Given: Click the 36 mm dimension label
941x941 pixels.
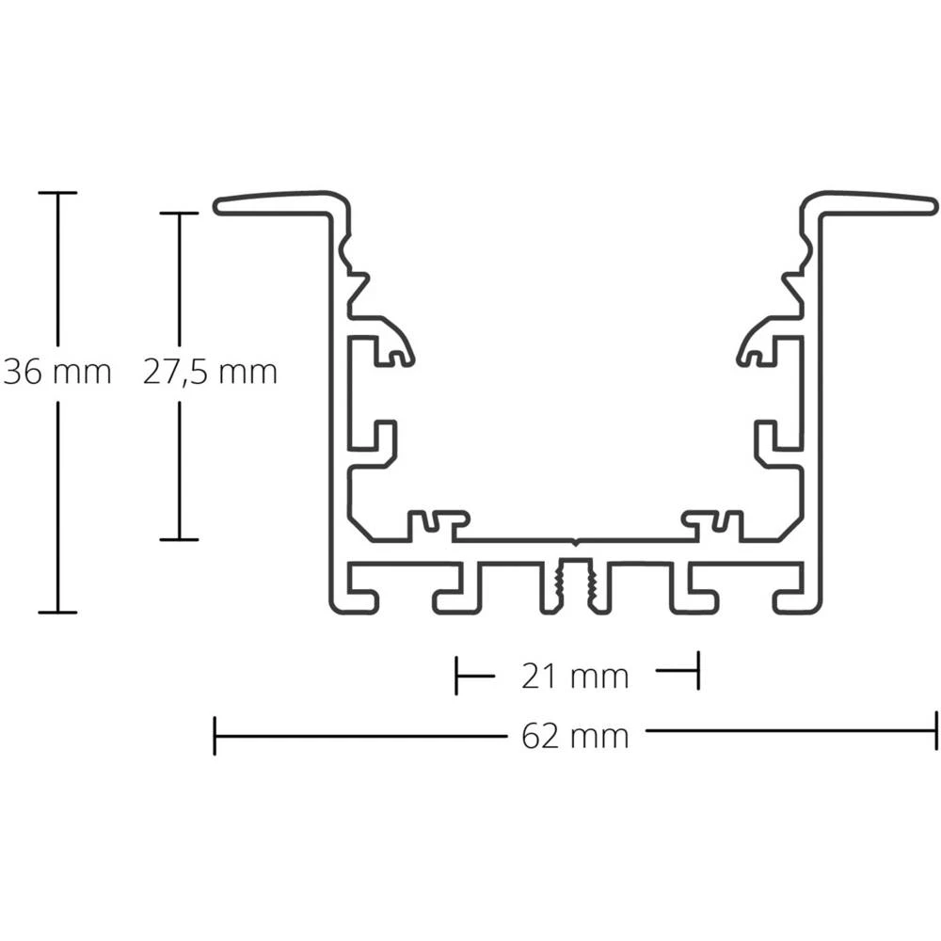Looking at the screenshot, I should click(x=56, y=373).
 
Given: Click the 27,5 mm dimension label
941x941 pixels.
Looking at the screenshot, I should click(x=210, y=373).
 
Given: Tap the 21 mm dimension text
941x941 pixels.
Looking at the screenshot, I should click(x=575, y=676).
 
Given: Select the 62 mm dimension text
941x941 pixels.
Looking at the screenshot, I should click(x=575, y=735).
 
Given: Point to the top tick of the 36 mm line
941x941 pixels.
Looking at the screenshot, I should click(x=57, y=193).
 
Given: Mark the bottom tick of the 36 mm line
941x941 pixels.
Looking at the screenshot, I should click(x=57, y=612).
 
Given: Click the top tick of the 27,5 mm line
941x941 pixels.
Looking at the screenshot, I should click(x=179, y=214).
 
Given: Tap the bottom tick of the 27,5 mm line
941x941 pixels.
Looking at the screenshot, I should click(x=179, y=539).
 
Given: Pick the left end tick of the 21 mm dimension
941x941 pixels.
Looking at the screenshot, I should click(x=456, y=675).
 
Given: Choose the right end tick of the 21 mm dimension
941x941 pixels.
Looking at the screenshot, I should click(x=697, y=671).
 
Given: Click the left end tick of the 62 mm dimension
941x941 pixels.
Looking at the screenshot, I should click(x=215, y=735).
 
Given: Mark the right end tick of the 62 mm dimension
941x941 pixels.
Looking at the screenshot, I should click(x=936, y=731).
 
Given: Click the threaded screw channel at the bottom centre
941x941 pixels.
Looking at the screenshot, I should click(x=575, y=585).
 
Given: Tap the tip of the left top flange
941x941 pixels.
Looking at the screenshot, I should click(x=217, y=206).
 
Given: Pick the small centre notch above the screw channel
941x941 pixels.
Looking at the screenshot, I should click(x=575, y=542).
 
